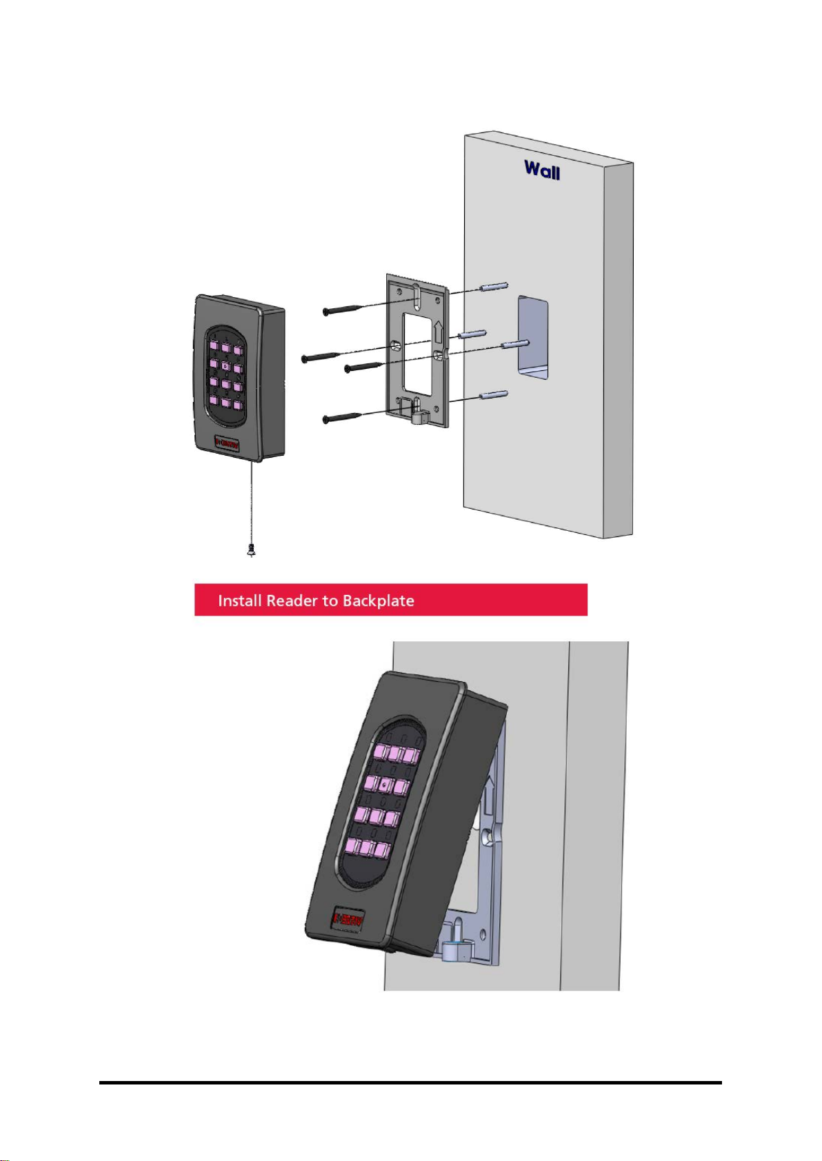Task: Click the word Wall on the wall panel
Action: pos(542,170)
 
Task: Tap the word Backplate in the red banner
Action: pos(378,600)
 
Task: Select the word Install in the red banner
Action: pos(240,600)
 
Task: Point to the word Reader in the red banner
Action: pos(292,600)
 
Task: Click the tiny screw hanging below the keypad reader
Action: pos(251,550)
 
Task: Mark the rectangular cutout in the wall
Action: pos(534,338)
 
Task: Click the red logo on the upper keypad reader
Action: pos(227,443)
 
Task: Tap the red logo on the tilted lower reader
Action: pos(348,918)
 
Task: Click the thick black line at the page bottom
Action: pos(410,1082)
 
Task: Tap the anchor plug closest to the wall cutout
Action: pos(515,344)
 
